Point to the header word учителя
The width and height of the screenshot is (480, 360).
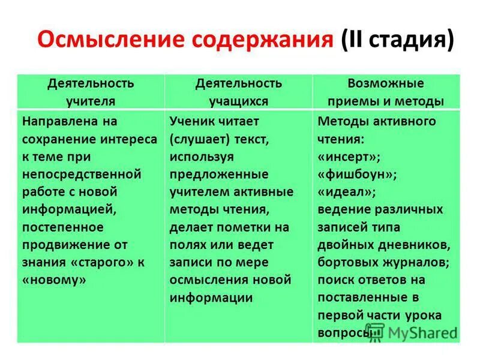click(x=91, y=101)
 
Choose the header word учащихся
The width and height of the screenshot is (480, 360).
click(x=238, y=101)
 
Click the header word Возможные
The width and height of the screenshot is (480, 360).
click(x=386, y=83)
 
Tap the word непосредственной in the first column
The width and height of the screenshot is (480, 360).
click(x=82, y=175)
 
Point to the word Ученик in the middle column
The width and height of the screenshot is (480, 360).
click(x=192, y=122)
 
